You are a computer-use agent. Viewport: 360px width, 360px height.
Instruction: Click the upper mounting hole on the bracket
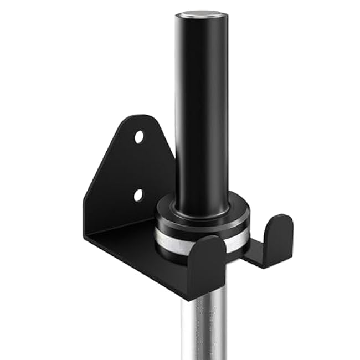(x=139, y=136)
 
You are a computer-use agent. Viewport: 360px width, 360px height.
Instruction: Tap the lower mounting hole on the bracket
(x=138, y=195)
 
